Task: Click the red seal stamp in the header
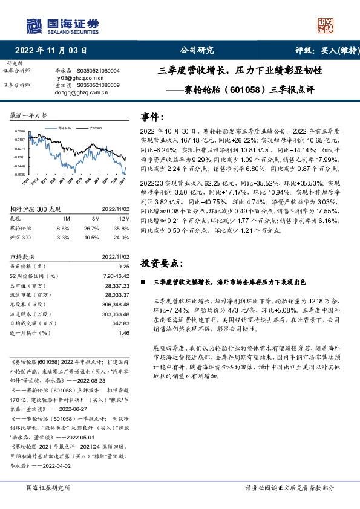point(325,25)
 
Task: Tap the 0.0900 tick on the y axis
point(20,131)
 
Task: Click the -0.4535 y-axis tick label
point(20,174)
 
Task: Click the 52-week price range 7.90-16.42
point(116,276)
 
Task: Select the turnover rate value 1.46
point(124,333)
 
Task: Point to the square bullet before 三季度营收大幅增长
point(143,282)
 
